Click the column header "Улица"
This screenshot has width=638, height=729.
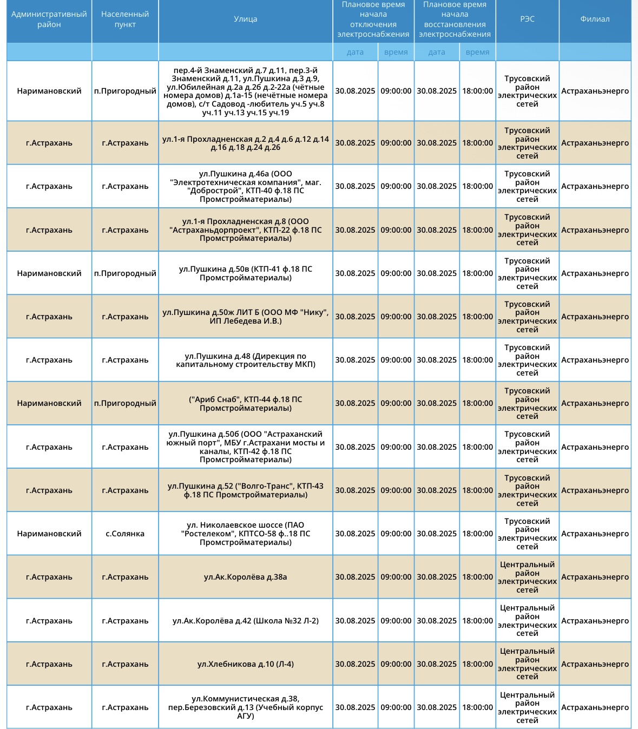[x=245, y=19]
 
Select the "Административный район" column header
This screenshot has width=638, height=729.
[x=49, y=19]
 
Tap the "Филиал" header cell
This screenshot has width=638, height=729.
[x=595, y=19]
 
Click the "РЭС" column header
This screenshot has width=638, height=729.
[x=527, y=19]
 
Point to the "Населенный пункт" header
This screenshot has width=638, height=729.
[x=125, y=19]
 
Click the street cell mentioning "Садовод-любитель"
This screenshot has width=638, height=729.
[x=245, y=91]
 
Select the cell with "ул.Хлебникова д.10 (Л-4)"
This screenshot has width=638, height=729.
[x=245, y=664]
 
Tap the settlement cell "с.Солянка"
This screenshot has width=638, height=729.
[x=125, y=534]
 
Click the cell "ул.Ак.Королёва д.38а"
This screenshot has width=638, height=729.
[x=245, y=577]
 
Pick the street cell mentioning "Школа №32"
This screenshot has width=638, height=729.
[x=245, y=621]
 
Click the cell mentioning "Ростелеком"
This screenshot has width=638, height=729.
[x=245, y=534]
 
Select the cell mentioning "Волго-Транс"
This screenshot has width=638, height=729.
[x=245, y=490]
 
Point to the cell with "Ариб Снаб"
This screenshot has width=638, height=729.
[x=245, y=404]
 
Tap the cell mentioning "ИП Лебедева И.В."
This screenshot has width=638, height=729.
[x=245, y=317]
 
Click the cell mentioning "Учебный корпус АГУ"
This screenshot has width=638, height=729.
[x=245, y=707]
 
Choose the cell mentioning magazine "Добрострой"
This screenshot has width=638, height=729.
[x=245, y=186]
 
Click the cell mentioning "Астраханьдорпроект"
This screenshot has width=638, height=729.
[x=245, y=230]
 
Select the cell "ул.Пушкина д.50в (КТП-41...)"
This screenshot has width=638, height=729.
[x=245, y=273]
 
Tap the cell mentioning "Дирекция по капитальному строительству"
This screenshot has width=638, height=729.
[x=245, y=360]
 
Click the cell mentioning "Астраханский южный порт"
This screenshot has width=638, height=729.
[x=245, y=447]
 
